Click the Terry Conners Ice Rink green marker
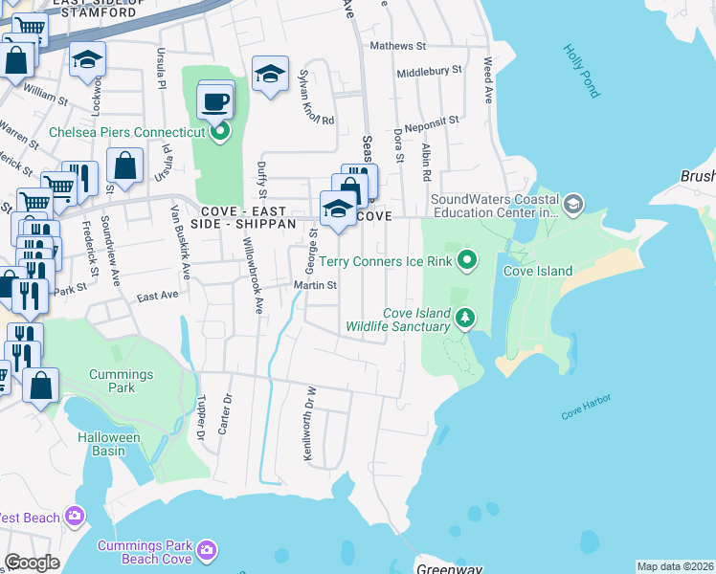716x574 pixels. (467, 259)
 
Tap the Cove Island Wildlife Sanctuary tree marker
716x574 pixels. (464, 317)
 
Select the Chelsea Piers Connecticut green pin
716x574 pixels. (220, 131)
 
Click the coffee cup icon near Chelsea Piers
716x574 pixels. (215, 100)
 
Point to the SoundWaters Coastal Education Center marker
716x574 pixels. (572, 203)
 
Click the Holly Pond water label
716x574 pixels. (581, 71)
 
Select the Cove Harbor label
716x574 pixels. (586, 405)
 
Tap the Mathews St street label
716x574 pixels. (397, 46)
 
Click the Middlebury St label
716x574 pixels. (429, 71)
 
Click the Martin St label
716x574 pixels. (316, 285)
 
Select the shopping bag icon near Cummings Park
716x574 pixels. (41, 386)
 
